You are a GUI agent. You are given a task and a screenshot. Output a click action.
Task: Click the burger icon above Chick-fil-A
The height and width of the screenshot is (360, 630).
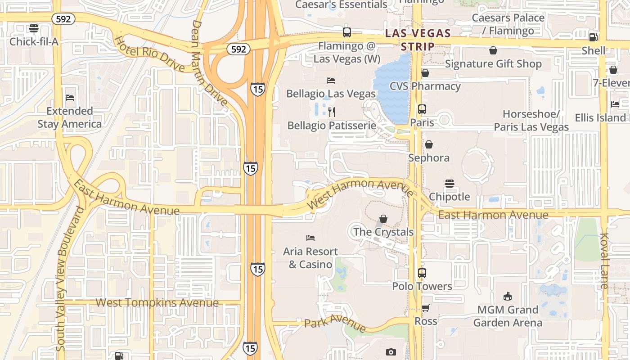pyautogui.click(x=33, y=28)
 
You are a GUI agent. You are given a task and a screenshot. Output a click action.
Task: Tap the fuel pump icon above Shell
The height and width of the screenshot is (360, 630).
pyautogui.click(x=593, y=37)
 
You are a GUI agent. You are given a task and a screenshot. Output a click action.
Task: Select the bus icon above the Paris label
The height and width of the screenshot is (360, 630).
pyautogui.click(x=422, y=109)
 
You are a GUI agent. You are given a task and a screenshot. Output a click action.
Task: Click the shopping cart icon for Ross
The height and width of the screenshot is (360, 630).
pyautogui.click(x=425, y=308)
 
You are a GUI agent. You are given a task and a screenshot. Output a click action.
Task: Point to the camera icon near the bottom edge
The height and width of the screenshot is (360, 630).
pyautogui.click(x=391, y=352)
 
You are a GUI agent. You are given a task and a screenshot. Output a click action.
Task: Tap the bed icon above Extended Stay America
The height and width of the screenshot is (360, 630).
pyautogui.click(x=70, y=98)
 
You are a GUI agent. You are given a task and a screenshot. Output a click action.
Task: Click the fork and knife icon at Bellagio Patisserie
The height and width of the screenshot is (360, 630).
pyautogui.click(x=332, y=112)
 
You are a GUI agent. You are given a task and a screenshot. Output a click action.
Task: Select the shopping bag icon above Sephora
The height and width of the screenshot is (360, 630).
pyautogui.click(x=428, y=144)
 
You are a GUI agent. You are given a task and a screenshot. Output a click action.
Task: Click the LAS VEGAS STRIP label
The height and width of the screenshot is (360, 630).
pyautogui.click(x=418, y=40)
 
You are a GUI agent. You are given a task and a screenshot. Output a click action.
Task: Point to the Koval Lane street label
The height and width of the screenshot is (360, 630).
pyautogui.click(x=604, y=261)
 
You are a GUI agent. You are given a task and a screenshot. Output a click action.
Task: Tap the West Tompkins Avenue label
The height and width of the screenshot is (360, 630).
pyautogui.click(x=157, y=303)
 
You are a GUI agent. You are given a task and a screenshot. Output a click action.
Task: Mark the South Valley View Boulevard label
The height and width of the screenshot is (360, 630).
pyautogui.click(x=69, y=279)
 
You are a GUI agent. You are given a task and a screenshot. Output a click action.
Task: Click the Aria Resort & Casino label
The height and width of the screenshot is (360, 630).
pyautogui.click(x=310, y=258)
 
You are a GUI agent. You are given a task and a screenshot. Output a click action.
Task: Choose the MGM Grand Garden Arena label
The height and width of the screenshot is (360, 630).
pyautogui.click(x=508, y=316)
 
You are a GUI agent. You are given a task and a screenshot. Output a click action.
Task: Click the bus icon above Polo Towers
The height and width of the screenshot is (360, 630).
pyautogui.click(x=422, y=273)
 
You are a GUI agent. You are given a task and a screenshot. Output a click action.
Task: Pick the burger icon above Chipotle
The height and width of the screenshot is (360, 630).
pyautogui.click(x=449, y=184)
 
